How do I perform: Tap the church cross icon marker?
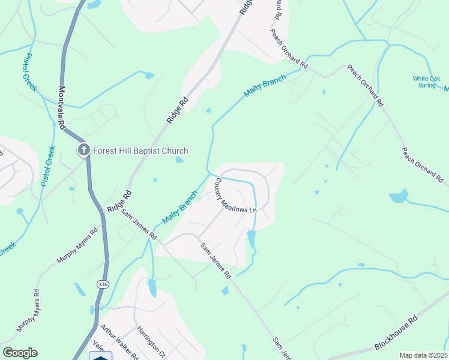83,150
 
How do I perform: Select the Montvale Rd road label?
61,106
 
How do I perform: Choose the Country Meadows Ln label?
236,195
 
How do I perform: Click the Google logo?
20,353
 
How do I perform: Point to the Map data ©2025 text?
423,355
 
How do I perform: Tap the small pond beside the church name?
179,160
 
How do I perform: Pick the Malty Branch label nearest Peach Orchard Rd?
265,88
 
